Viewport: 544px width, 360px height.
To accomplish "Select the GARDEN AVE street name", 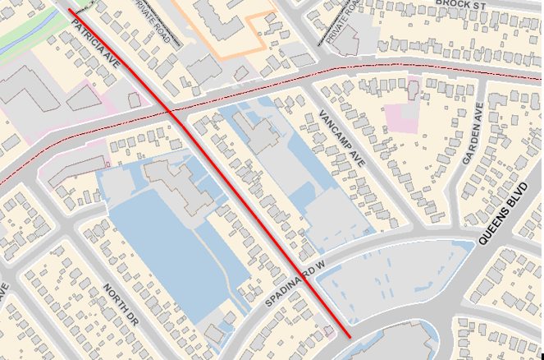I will click(x=473, y=136).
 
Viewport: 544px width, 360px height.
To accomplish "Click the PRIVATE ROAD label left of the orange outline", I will click(x=155, y=21).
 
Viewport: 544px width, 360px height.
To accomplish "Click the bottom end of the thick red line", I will click(x=350, y=337).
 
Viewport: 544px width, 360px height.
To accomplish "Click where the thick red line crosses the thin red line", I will click(x=169, y=110).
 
